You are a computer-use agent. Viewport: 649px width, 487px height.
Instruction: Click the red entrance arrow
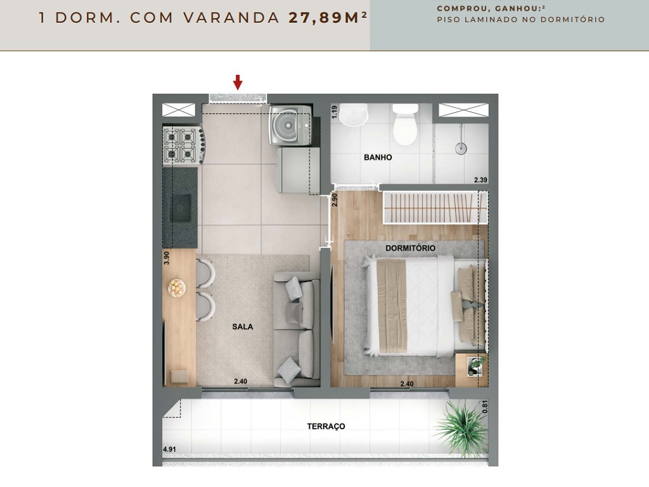tap(238, 82)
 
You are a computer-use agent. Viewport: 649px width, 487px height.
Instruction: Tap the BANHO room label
tap(378, 157)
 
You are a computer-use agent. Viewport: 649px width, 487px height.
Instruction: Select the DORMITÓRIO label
tap(410, 248)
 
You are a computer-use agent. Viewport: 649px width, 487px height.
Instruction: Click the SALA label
tap(242, 327)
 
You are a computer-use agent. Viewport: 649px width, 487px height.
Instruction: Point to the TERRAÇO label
tap(326, 427)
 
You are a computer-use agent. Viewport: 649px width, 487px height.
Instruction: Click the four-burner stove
tap(182, 146)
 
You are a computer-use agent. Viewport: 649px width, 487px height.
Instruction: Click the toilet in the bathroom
tap(404, 125)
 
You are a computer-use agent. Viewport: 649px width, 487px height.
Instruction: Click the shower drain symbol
tap(461, 149)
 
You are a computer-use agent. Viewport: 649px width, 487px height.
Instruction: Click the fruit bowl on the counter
tap(177, 289)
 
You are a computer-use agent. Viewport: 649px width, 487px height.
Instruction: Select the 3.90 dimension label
tap(167, 258)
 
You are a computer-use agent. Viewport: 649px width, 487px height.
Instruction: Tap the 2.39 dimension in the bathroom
tap(480, 180)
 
